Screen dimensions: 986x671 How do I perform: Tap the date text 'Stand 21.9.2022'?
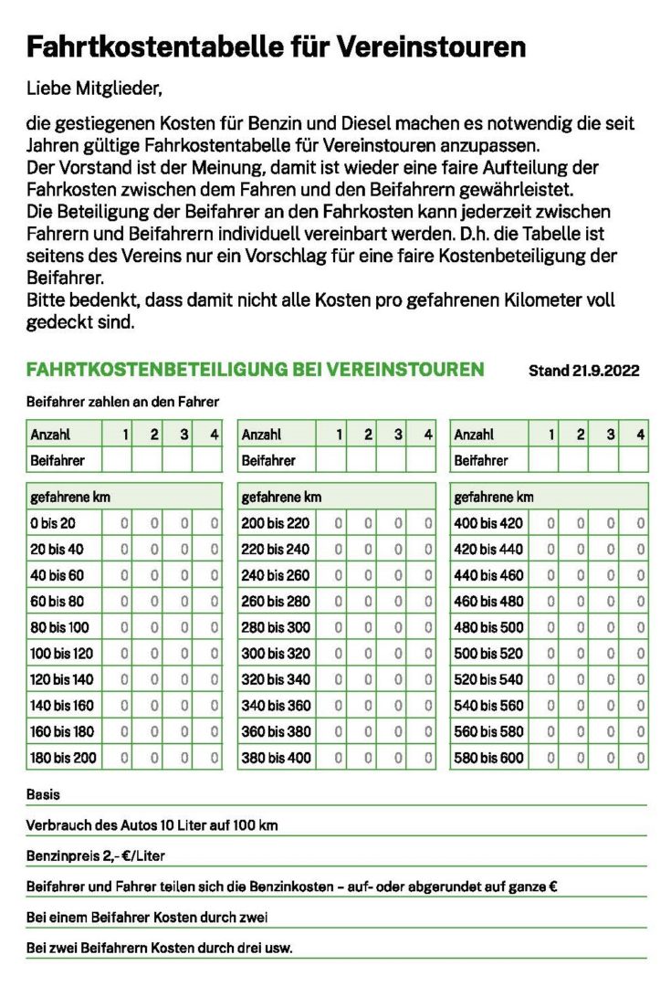point(583,371)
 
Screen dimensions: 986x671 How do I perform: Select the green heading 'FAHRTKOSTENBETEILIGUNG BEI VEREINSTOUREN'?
point(255,370)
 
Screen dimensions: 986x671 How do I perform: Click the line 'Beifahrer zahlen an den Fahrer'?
point(122,401)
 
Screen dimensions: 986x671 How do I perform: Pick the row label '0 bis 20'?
point(53,523)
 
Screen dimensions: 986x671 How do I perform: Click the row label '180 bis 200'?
point(61,758)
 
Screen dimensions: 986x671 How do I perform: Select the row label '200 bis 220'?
point(275,523)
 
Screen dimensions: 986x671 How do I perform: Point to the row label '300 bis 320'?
point(275,654)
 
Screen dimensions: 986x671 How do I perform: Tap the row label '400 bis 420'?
point(488,523)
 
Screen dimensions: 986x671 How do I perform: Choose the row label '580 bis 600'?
point(488,758)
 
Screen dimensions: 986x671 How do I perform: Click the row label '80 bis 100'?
point(59,627)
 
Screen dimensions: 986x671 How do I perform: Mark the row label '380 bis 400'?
point(275,758)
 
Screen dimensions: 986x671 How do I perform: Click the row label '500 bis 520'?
point(488,654)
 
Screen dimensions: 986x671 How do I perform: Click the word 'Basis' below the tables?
point(44,795)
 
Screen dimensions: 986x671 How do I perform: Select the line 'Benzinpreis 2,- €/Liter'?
point(96,856)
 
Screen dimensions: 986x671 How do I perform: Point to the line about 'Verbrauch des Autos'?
point(152,825)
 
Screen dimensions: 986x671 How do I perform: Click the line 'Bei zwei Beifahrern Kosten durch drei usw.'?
point(160,948)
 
